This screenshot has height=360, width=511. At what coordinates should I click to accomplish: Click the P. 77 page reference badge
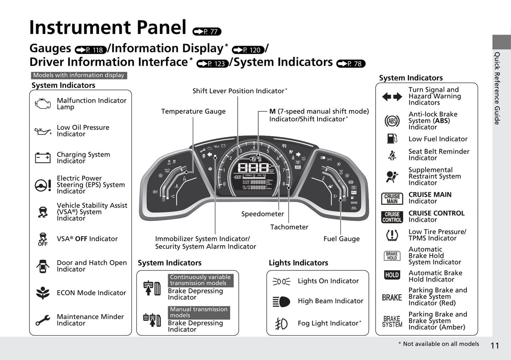pyautogui.click(x=207, y=32)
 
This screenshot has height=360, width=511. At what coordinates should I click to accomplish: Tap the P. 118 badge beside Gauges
pyautogui.click(x=91, y=50)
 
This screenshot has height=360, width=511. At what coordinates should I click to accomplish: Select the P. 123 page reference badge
pyautogui.click(x=213, y=64)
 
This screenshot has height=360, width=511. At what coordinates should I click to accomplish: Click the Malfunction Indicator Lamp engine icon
pyautogui.click(x=43, y=104)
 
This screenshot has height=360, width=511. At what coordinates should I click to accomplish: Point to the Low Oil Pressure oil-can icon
pyautogui.click(x=43, y=131)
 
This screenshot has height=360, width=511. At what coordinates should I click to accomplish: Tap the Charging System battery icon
pyautogui.click(x=43, y=158)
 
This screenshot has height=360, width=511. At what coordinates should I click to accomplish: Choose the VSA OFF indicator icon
pyautogui.click(x=43, y=239)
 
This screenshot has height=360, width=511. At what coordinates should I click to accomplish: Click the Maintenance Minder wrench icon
pyautogui.click(x=43, y=320)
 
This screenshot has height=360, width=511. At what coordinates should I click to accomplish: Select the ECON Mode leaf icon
pyautogui.click(x=43, y=293)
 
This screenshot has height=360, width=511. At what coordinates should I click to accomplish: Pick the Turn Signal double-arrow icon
pyautogui.click(x=392, y=96)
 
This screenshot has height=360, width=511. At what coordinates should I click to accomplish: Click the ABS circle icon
pyautogui.click(x=392, y=121)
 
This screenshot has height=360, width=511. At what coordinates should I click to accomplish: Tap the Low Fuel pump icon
pyautogui.click(x=392, y=138)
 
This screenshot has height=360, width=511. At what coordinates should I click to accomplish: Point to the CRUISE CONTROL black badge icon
pyautogui.click(x=392, y=217)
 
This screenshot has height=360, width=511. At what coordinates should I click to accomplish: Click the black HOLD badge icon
pyautogui.click(x=392, y=275)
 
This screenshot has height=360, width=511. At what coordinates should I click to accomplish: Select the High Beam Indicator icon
pyautogui.click(x=281, y=301)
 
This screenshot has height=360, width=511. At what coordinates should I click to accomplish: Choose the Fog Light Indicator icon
pyautogui.click(x=281, y=324)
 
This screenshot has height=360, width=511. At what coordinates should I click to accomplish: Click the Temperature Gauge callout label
pyautogui.click(x=193, y=111)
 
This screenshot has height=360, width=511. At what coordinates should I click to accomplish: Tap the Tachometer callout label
pyautogui.click(x=289, y=227)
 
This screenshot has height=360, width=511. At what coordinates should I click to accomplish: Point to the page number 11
pyautogui.click(x=495, y=346)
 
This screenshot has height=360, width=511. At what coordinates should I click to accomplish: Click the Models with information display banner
pyautogui.click(x=79, y=75)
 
